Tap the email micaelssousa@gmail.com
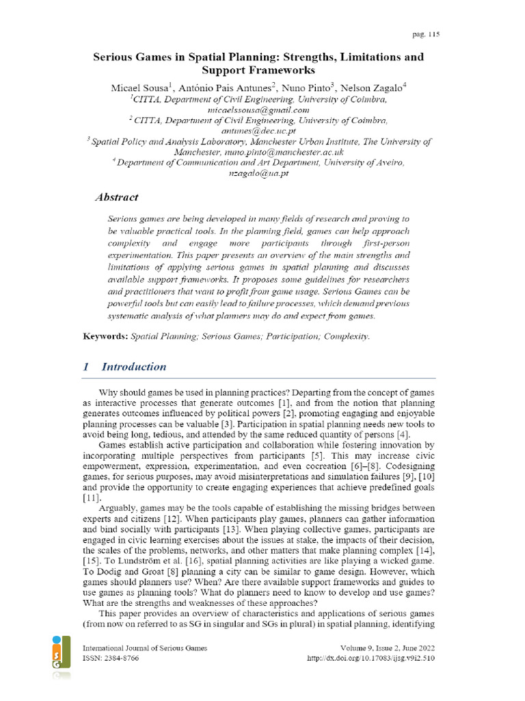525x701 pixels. [x=258, y=110]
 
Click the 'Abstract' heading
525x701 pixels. [x=116, y=197]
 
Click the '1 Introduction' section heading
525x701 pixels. [x=124, y=367]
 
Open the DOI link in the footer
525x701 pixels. [x=373, y=659]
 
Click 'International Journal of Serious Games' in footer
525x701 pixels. [x=144, y=648]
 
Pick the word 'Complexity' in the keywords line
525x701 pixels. [x=346, y=337]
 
